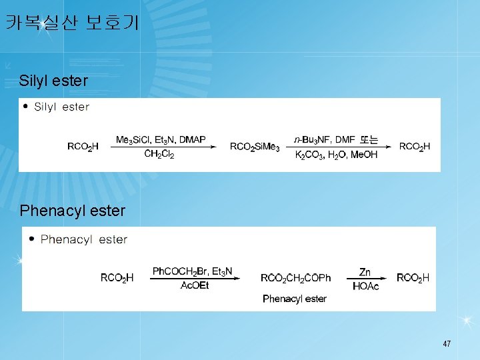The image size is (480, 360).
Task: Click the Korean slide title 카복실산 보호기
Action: [x=72, y=23]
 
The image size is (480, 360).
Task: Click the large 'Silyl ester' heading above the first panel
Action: [x=54, y=81]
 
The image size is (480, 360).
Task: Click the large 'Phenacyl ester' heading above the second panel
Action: [x=73, y=211]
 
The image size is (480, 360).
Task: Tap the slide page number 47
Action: [x=447, y=344]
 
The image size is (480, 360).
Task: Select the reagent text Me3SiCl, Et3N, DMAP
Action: [x=161, y=140]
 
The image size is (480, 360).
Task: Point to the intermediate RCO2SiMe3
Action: [x=255, y=147]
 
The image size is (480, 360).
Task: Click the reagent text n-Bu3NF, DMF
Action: [x=324, y=140]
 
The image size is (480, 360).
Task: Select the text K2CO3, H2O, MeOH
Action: [x=336, y=154]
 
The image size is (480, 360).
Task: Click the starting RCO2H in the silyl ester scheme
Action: [x=83, y=147]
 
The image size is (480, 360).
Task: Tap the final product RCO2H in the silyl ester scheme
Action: [x=415, y=147]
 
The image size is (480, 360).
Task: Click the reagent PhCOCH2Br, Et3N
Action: [x=193, y=271]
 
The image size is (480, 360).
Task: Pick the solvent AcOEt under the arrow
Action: [x=195, y=285]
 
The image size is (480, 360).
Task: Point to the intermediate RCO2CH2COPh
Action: [x=295, y=278]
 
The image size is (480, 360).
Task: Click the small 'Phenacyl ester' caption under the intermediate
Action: [x=295, y=299]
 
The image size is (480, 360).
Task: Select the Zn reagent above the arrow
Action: [x=365, y=272]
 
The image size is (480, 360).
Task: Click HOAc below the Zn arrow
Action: [x=365, y=286]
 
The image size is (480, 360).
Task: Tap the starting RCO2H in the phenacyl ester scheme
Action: [x=117, y=278]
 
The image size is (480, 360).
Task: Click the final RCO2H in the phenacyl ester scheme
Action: [x=413, y=277]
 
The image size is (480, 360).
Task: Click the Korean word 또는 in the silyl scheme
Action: [x=369, y=140]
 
